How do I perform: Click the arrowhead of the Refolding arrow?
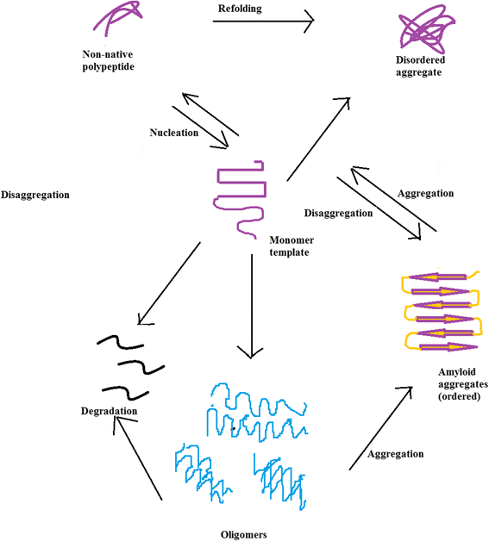pos(305,23)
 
